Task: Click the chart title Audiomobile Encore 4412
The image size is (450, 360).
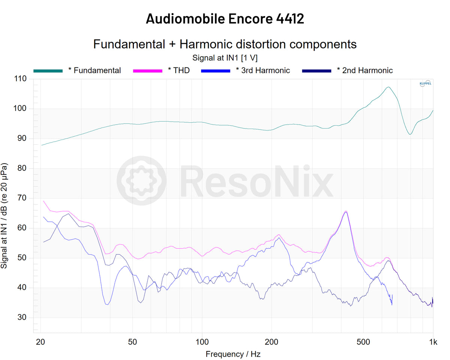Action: tap(225, 18)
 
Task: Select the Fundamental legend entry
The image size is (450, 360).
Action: tap(94, 70)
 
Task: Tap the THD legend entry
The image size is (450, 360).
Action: tap(178, 70)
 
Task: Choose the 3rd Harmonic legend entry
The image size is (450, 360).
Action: tap(262, 70)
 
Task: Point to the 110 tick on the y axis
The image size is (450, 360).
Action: tap(21, 79)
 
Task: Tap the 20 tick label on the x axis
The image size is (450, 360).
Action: tap(40, 342)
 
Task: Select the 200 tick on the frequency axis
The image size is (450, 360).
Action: tap(271, 342)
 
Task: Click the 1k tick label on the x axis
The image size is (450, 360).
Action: tap(433, 342)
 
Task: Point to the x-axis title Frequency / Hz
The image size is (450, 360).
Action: tap(232, 354)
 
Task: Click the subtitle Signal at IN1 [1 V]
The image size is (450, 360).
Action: tap(225, 58)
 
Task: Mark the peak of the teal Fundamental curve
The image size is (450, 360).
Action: tap(388, 87)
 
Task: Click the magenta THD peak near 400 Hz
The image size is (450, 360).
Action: tap(346, 211)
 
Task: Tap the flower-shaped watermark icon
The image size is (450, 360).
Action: tap(141, 181)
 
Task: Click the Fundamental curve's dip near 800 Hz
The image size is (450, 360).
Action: tap(410, 134)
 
